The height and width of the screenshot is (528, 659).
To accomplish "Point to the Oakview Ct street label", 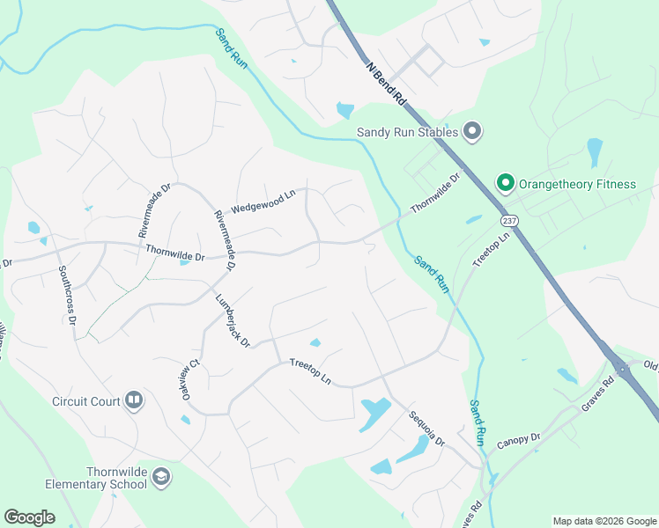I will (x=186, y=378).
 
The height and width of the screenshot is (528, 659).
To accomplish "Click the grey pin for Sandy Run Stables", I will (x=471, y=132).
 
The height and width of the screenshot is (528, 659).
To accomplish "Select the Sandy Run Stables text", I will (x=407, y=133).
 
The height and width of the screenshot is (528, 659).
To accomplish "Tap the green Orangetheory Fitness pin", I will (x=506, y=184).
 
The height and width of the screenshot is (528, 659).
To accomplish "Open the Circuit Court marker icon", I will (x=134, y=401).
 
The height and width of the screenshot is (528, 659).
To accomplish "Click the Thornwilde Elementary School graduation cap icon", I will (x=160, y=477).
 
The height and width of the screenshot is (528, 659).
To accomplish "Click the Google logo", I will (x=29, y=517).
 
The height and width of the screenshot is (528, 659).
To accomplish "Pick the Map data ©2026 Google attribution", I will (x=603, y=521).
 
